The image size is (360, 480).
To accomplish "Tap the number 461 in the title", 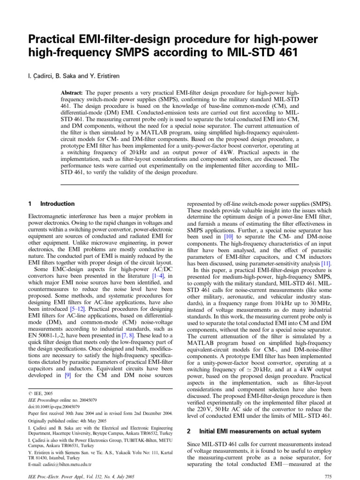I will (285, 53).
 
